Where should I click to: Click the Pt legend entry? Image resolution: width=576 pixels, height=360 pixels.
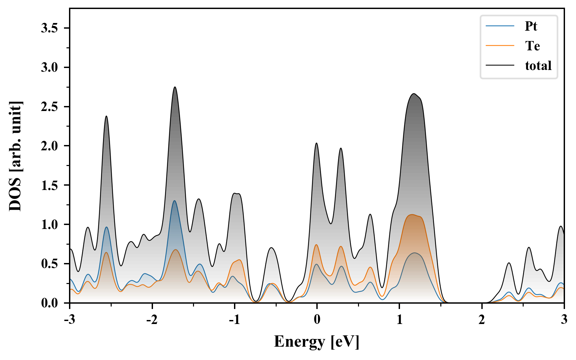(531, 26)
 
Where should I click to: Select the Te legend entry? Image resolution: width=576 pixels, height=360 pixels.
(532, 46)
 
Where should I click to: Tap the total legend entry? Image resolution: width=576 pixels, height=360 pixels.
(538, 65)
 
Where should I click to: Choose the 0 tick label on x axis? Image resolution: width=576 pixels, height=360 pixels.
(317, 319)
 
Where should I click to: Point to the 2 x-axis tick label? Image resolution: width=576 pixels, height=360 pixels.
(482, 319)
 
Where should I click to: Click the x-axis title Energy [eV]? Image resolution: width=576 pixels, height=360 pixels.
(317, 342)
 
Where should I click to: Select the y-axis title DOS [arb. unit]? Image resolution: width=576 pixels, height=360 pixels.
(15, 156)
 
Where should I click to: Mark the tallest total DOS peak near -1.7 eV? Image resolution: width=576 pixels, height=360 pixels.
(175, 87)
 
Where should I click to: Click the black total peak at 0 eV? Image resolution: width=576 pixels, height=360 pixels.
(316, 143)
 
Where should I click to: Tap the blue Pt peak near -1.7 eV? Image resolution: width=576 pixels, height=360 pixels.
(174, 201)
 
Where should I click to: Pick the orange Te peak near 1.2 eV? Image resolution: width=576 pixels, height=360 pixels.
(412, 215)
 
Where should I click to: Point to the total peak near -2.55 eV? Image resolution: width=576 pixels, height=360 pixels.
(106, 116)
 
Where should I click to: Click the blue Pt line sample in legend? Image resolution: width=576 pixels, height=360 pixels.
(500, 26)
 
